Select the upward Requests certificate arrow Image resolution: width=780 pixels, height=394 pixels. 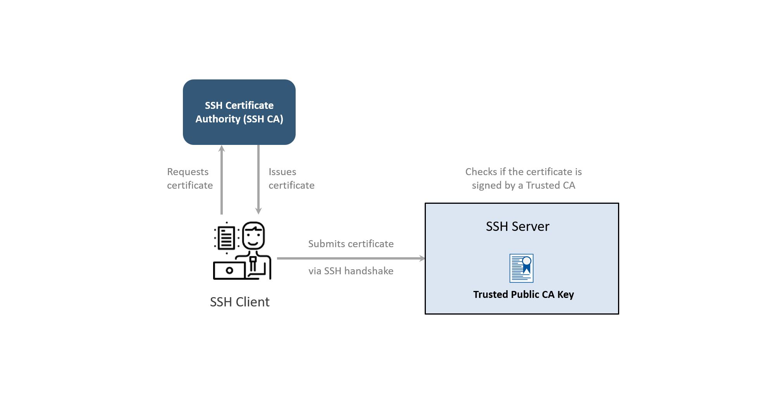222,180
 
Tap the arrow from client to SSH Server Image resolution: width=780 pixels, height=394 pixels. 351,258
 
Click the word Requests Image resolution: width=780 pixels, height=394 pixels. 188,172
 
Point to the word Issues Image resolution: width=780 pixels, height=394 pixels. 282,172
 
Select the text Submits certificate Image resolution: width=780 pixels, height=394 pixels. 351,244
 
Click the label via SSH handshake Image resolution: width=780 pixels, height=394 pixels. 351,271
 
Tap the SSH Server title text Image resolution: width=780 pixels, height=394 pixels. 517,226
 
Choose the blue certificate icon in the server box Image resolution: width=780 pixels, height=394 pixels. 521,268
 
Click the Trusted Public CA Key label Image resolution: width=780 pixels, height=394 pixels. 523,294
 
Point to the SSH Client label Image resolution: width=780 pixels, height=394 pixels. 239,302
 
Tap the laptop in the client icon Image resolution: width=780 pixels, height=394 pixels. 229,270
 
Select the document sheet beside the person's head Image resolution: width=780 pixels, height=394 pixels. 226,237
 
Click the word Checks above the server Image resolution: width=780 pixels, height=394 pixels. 481,172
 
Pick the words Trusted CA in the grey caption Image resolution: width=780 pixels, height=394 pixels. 550,185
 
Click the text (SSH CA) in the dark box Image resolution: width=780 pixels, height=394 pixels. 263,119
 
